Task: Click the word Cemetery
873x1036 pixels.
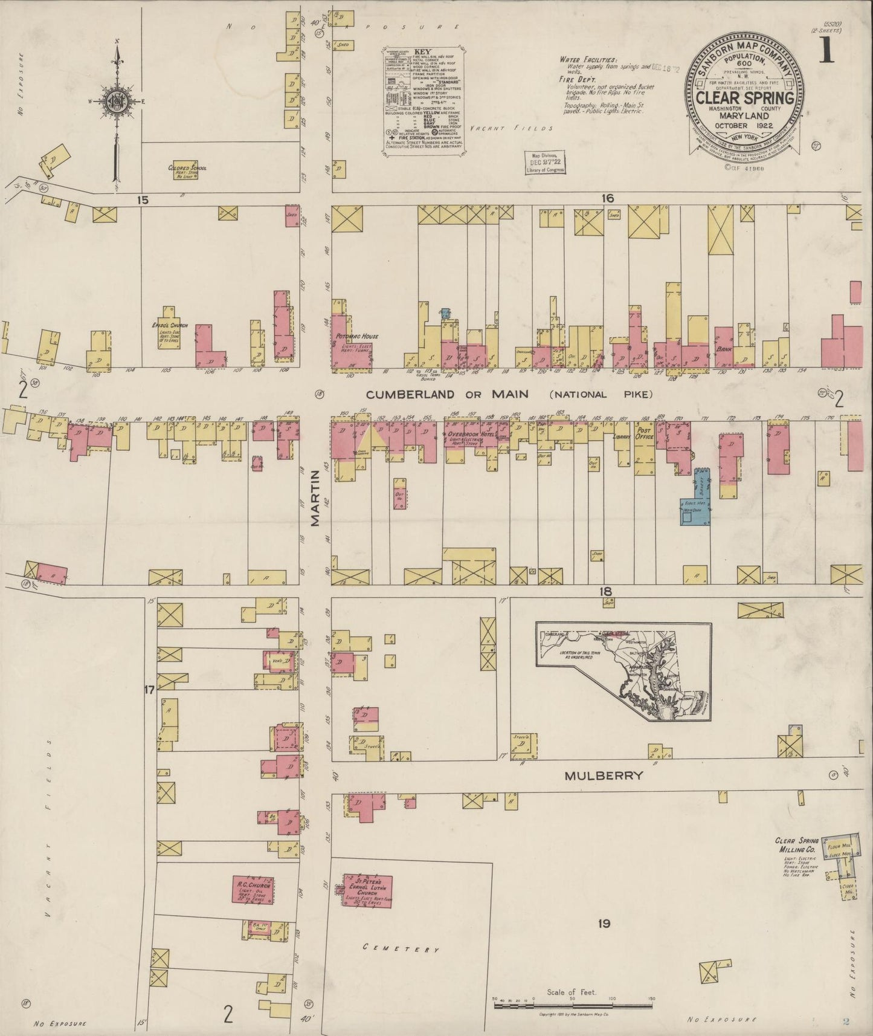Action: (401, 948)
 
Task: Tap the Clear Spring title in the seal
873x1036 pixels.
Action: (745, 98)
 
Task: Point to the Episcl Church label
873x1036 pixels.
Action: (170, 325)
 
